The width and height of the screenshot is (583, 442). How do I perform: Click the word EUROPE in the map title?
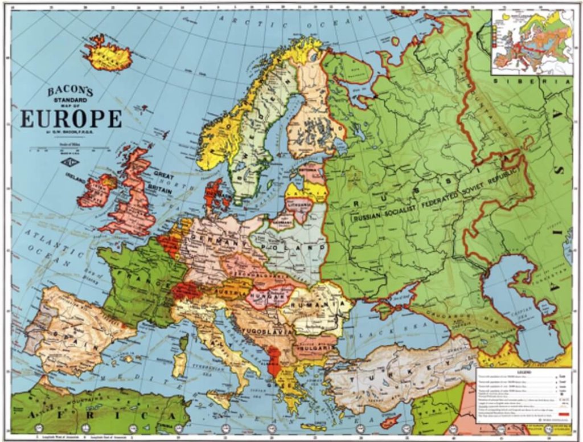(71, 118)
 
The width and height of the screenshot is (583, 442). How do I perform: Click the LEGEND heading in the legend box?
(524, 370)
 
